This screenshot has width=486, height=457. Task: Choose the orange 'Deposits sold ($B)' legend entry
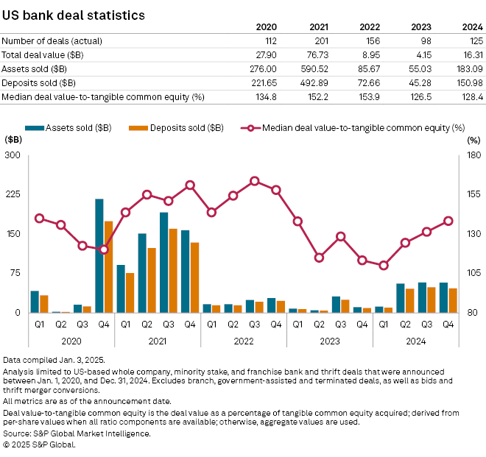tap(186, 127)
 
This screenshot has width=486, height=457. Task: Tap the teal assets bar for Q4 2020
tap(99, 255)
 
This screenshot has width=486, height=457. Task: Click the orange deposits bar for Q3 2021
tap(173, 270)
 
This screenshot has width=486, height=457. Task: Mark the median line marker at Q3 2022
tap(254, 180)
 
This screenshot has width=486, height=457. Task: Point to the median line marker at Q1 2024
tap(382, 265)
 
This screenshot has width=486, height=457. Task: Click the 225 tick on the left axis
tap(13, 195)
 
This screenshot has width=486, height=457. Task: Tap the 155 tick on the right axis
tap(473, 195)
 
